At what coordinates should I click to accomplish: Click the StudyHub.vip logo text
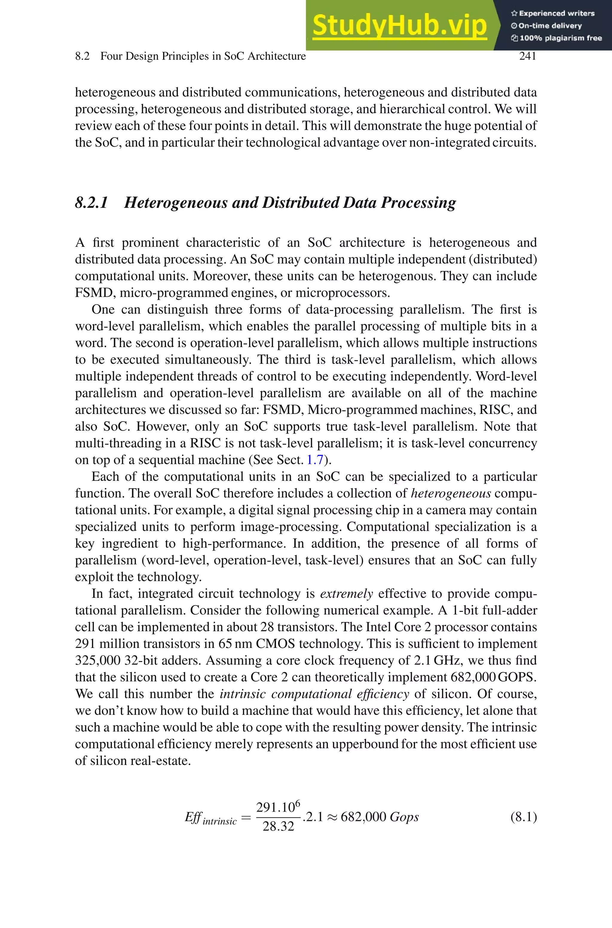(399, 25)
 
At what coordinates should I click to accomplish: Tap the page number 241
(527, 56)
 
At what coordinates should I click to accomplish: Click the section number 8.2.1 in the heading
(91, 203)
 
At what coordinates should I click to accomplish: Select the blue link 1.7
(315, 460)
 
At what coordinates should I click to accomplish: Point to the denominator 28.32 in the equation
(278, 826)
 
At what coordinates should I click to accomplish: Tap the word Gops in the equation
(404, 817)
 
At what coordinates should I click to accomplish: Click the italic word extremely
(346, 594)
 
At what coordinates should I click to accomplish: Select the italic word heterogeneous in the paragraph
(451, 493)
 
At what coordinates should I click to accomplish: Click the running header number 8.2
(82, 56)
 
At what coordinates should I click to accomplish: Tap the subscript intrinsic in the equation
(220, 822)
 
